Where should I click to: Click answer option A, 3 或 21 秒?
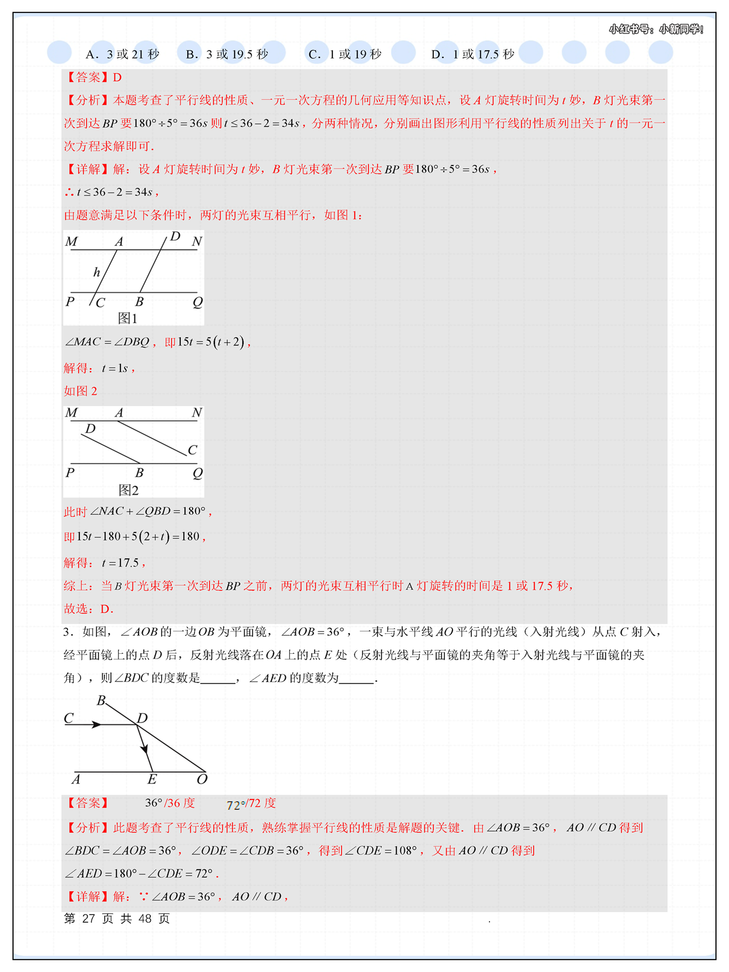click(x=122, y=55)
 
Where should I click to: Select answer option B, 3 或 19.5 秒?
click(x=227, y=55)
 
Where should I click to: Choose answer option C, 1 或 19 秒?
click(x=345, y=55)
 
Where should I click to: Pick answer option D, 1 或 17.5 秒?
click(x=473, y=55)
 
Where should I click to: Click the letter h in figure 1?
click(x=97, y=272)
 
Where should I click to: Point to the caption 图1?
click(x=128, y=318)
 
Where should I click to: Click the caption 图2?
click(x=129, y=490)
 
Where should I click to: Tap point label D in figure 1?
click(x=175, y=237)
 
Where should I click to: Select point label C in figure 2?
click(x=193, y=450)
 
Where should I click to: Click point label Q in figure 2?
click(x=198, y=473)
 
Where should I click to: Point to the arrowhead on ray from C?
click(x=97, y=725)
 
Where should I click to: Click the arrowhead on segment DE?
click(x=144, y=748)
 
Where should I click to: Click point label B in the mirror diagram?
click(x=101, y=701)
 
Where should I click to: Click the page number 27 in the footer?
click(x=89, y=919)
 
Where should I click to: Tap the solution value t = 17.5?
click(x=120, y=563)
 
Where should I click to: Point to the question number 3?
click(x=67, y=632)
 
